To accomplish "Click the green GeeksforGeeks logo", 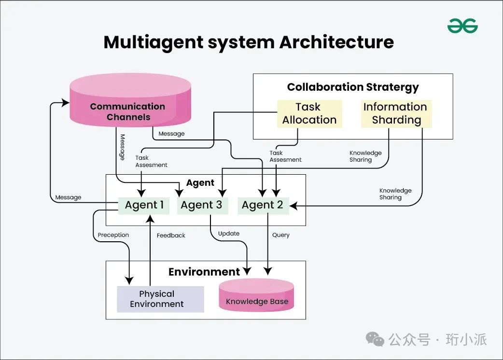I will tap(462, 26).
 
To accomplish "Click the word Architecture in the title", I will tap(336, 42).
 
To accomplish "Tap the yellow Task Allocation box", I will tap(309, 113).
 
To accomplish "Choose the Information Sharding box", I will tap(396, 113).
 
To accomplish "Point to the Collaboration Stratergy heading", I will tap(353, 87).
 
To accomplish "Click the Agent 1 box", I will tap(144, 205).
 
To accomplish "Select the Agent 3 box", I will tap(201, 205).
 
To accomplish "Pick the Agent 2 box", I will tap(262, 205).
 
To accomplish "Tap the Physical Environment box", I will tap(157, 299).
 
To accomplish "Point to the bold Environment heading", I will tap(204, 272).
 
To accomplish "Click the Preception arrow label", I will tap(113, 235).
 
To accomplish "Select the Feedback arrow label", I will tap(171, 235).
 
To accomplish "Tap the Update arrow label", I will tap(229, 234).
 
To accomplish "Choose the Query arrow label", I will tap(280, 235).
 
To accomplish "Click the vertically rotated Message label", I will tap(123, 147).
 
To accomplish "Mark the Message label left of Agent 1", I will tap(68, 197).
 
